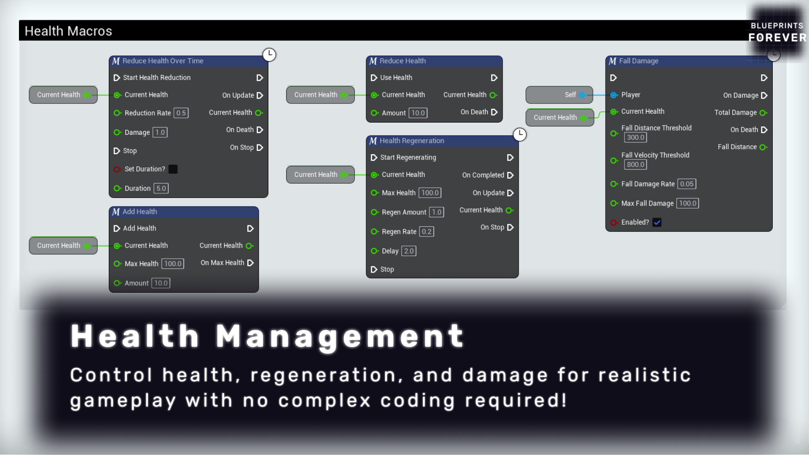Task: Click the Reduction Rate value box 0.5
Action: tap(181, 113)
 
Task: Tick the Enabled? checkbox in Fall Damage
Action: tap(657, 222)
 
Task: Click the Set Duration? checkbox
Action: tap(173, 169)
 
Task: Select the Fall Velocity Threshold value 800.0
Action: tap(635, 165)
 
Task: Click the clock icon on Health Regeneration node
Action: tap(520, 134)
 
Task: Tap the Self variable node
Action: tap(559, 95)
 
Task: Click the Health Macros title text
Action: tap(68, 31)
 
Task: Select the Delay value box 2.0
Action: tap(409, 251)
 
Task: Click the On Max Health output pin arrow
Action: tap(250, 263)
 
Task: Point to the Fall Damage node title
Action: tap(639, 61)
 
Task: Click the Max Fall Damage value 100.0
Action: tap(688, 203)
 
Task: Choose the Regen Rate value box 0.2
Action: tap(426, 232)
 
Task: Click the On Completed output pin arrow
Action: tap(510, 175)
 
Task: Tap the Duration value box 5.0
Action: tap(161, 188)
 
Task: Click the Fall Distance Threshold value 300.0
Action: tap(635, 137)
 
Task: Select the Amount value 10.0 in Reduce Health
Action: tap(418, 113)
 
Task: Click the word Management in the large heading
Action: tap(340, 337)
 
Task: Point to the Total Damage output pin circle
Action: tap(763, 113)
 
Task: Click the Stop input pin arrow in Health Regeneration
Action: tap(374, 270)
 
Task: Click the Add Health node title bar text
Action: tap(140, 212)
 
